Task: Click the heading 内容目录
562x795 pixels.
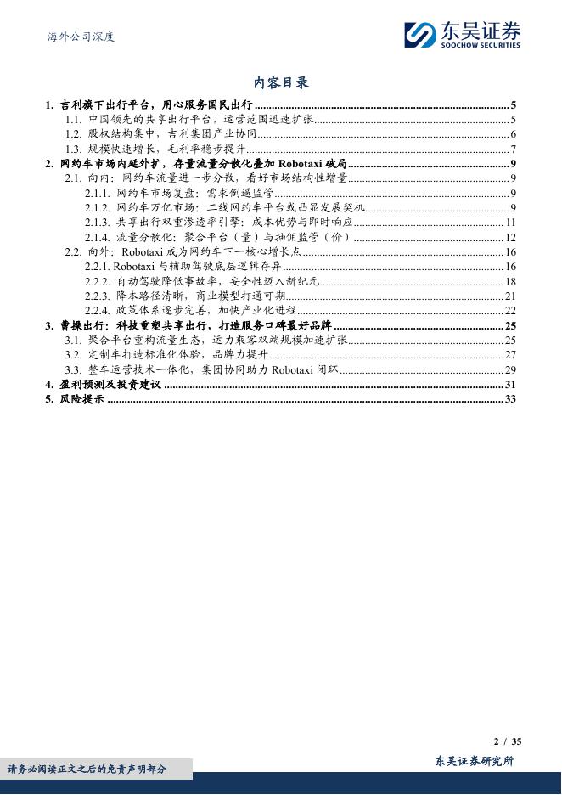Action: pyautogui.click(x=281, y=82)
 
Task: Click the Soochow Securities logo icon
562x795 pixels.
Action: pyautogui.click(x=419, y=34)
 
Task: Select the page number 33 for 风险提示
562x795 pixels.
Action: pyautogui.click(x=510, y=399)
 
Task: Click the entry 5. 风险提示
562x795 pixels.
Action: pyautogui.click(x=75, y=399)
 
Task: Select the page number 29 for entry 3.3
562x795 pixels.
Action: pyautogui.click(x=510, y=370)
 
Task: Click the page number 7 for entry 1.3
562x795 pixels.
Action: pyautogui.click(x=514, y=149)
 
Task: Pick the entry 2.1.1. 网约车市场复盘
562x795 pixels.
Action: pyautogui.click(x=178, y=193)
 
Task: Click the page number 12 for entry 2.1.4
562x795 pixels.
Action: pyautogui.click(x=510, y=237)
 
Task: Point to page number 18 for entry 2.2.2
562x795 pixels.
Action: pyautogui.click(x=510, y=281)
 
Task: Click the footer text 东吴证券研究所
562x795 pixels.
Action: pyautogui.click(x=474, y=761)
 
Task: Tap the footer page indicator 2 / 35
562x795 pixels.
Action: pyautogui.click(x=507, y=741)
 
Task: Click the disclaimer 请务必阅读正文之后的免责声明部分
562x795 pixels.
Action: pyautogui.click(x=87, y=770)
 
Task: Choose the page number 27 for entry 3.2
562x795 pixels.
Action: pyautogui.click(x=510, y=355)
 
